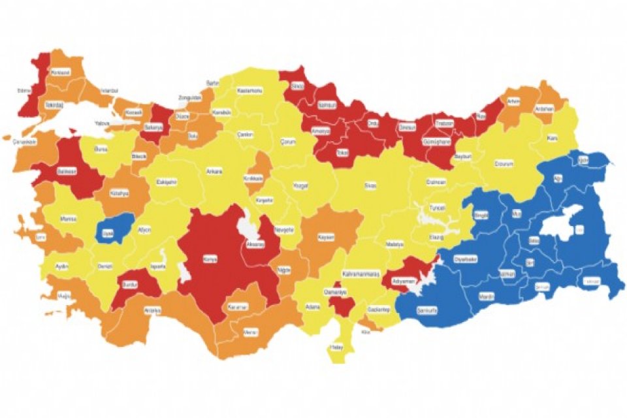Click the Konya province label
tap(211, 259)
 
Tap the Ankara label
tap(214, 172)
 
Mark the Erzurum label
tap(504, 163)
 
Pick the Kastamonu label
tap(249, 90)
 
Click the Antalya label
tap(152, 310)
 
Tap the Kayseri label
tap(325, 236)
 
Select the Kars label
tap(552, 138)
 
